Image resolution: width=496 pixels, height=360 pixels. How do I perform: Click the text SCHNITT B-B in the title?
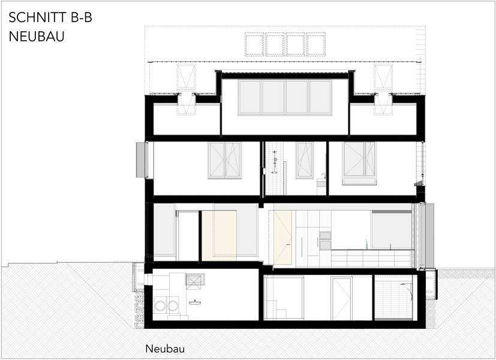click(50, 17)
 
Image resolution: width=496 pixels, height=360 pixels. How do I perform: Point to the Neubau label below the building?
click(165, 349)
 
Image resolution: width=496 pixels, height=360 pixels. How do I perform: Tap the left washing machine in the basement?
click(160, 306)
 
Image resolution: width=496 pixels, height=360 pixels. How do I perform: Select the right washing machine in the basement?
click(173, 306)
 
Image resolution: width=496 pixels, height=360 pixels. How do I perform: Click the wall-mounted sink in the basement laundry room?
click(194, 302)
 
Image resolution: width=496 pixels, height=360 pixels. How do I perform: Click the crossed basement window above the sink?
click(194, 280)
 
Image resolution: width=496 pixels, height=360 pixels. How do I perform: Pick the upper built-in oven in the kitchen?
click(325, 235)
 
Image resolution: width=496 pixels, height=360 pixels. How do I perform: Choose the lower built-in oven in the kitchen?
click(325, 245)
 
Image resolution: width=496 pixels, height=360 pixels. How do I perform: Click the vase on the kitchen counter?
click(366, 245)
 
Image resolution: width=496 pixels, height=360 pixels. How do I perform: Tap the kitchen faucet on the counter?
click(390, 247)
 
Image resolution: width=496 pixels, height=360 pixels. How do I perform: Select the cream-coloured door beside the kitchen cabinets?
click(282, 238)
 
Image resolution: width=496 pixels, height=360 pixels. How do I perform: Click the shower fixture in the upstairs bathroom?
click(275, 161)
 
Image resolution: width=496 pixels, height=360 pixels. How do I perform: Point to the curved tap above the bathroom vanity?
click(323, 176)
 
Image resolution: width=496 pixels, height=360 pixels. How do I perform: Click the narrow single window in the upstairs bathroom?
click(305, 160)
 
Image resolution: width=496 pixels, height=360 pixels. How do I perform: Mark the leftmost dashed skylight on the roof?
click(254, 44)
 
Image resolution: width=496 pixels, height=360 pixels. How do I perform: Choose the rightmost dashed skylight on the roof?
click(316, 44)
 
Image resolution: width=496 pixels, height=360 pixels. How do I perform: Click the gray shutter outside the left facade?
click(140, 160)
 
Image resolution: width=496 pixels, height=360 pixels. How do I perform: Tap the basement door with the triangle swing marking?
click(341, 299)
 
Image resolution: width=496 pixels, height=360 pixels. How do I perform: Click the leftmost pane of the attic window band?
click(250, 97)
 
